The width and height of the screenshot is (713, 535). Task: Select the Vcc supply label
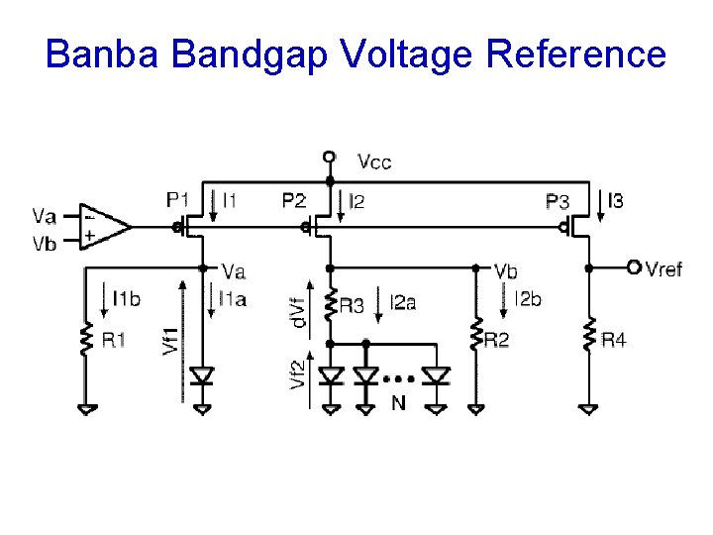[x=374, y=161]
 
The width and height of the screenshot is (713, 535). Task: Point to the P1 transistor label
[x=178, y=200]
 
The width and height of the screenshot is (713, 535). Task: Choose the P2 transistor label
[x=293, y=200]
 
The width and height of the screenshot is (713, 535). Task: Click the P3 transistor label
[x=558, y=202]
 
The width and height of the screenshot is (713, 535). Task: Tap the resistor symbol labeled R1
[x=86, y=340]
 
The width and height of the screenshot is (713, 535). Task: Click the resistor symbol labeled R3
[x=330, y=306]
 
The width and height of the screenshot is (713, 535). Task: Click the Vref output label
[x=663, y=269]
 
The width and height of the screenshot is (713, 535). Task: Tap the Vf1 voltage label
[x=170, y=341]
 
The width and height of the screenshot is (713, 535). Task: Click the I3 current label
[x=616, y=202]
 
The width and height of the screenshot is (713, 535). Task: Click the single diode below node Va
[x=203, y=376]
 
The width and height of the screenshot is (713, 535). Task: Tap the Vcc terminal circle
[x=330, y=157]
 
